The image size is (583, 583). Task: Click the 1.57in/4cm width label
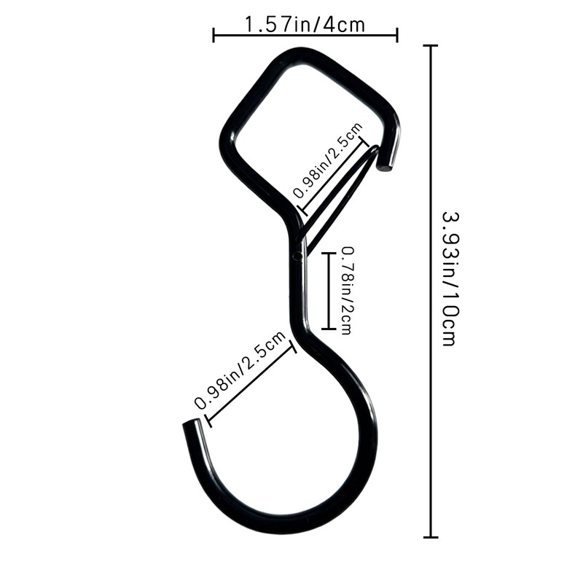coord(305,25)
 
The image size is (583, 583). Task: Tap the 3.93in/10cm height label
coord(450,279)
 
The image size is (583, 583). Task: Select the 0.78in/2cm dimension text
coord(347,291)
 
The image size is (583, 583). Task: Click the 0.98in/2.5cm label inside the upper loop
coord(328,160)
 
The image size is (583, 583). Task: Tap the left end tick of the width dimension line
coord(214,35)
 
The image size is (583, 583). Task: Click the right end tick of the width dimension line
coord(397,35)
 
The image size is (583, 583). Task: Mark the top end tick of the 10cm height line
coord(431,45)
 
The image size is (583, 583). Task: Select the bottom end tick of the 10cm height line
coord(431,537)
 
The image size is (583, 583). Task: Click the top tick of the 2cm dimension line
coord(329,253)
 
